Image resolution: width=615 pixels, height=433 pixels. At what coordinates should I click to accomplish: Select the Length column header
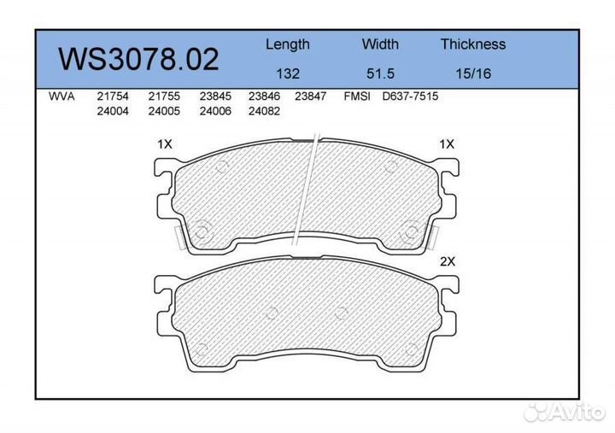point(287,44)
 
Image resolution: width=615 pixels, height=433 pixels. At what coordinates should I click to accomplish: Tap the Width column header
point(380,44)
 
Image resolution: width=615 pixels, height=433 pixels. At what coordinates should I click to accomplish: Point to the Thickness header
point(473,44)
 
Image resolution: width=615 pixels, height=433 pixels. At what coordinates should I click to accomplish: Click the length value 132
point(287,73)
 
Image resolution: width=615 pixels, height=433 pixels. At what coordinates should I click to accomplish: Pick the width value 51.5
point(380,73)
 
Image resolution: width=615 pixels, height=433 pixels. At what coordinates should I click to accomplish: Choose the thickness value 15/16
point(473,73)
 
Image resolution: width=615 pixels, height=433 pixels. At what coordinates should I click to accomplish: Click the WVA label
point(62,97)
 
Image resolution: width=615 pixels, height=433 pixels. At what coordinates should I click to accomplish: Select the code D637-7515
point(410,97)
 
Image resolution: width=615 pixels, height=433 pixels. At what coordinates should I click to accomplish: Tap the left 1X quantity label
point(165,144)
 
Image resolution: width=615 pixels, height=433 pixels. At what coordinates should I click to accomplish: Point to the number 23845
point(214,97)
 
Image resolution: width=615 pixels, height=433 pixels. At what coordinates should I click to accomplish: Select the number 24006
point(214,111)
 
